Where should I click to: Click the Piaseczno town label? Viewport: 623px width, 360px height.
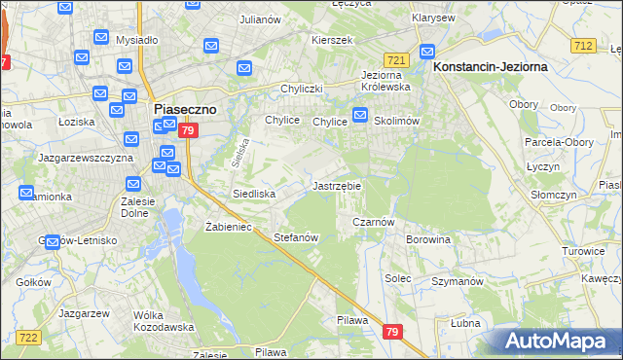point(185,110)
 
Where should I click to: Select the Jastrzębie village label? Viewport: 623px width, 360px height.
point(337,186)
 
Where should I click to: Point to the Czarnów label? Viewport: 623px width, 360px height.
point(373,222)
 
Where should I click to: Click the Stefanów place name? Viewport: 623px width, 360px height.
point(297,237)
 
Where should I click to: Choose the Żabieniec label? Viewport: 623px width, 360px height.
point(229,227)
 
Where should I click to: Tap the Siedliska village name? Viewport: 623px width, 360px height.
point(254,194)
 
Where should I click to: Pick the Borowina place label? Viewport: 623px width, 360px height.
point(428,238)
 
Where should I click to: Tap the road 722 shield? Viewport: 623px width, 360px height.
point(28,337)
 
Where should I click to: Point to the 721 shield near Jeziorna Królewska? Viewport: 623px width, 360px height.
point(395,59)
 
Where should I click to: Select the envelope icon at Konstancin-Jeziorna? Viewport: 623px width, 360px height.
point(426,53)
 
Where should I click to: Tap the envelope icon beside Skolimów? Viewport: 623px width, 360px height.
point(359,117)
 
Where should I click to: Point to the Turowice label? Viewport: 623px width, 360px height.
point(584,250)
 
